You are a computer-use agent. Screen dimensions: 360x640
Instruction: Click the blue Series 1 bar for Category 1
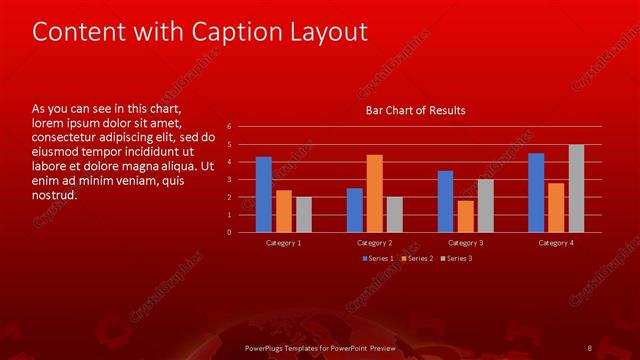click(x=263, y=194)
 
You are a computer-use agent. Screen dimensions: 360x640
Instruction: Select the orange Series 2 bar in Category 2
click(x=375, y=193)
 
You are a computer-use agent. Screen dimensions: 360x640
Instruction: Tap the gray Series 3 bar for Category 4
click(x=576, y=188)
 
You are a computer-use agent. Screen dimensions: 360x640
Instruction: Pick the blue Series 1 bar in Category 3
click(x=445, y=201)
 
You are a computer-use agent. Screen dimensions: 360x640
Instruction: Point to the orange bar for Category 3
click(x=466, y=216)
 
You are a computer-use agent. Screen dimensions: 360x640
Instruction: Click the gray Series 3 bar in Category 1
click(x=304, y=214)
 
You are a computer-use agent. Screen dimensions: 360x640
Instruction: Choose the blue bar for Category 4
click(x=536, y=192)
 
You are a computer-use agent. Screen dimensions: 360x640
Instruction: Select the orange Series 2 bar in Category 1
click(x=284, y=211)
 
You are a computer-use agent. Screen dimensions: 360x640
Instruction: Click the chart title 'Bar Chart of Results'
click(x=414, y=110)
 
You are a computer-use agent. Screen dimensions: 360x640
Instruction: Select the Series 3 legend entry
click(x=459, y=258)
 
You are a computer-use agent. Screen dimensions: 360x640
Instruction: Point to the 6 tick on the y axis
click(x=230, y=127)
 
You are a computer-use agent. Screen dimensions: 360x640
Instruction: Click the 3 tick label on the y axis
click(x=230, y=180)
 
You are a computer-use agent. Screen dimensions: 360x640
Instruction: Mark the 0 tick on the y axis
click(x=230, y=232)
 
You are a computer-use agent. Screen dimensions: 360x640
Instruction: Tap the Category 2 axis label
click(x=375, y=243)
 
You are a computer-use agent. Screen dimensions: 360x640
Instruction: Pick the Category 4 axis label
click(x=556, y=243)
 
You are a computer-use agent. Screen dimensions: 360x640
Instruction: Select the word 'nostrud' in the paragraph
click(x=53, y=194)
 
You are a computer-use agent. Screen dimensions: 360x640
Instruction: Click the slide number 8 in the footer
click(x=589, y=347)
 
